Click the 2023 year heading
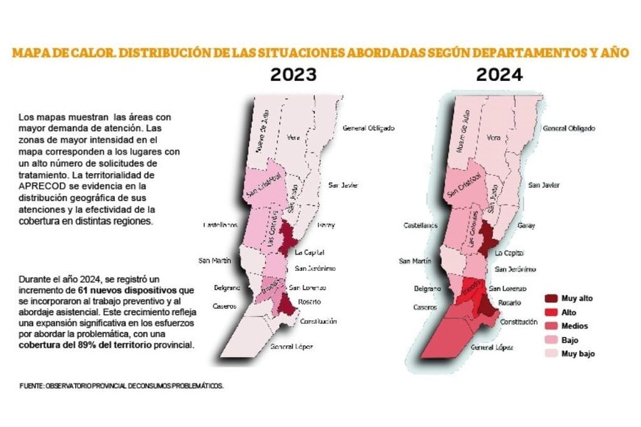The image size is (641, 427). tap(293, 74)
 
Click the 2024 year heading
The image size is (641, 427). tap(499, 74)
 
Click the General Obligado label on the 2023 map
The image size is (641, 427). tap(368, 128)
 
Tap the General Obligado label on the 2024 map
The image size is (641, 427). tap(568, 128)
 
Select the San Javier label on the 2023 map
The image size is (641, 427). tap(343, 184)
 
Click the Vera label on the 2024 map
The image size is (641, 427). tap(494, 138)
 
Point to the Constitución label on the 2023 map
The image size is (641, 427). tap(318, 321)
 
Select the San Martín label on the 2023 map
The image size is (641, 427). tap(215, 261)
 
